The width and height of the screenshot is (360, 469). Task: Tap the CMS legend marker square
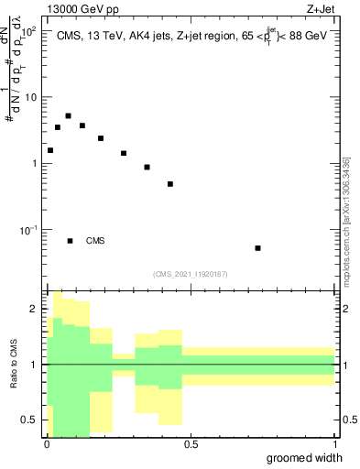tap(70, 241)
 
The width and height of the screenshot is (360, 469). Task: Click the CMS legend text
tap(95, 241)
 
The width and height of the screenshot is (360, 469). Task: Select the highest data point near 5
tap(68, 116)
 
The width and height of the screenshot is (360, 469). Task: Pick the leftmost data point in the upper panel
tap(50, 150)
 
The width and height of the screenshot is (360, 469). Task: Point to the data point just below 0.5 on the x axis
tap(170, 184)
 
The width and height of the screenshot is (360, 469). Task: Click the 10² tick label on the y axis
tap(27, 31)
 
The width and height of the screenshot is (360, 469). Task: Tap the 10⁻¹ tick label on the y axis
tap(27, 229)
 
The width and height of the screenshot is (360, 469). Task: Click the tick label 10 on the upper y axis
tap(30, 97)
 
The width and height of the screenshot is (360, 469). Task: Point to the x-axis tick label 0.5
tap(191, 444)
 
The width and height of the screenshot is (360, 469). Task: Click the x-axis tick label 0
tap(47, 444)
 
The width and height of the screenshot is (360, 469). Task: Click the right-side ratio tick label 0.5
tap(349, 420)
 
